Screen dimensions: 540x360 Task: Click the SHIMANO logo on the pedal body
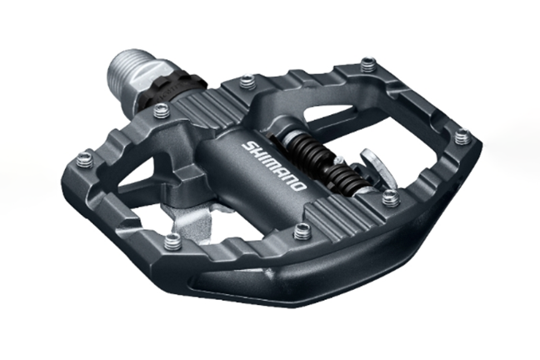pyautogui.click(x=273, y=166)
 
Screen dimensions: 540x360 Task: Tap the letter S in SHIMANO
pyautogui.click(x=247, y=146)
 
